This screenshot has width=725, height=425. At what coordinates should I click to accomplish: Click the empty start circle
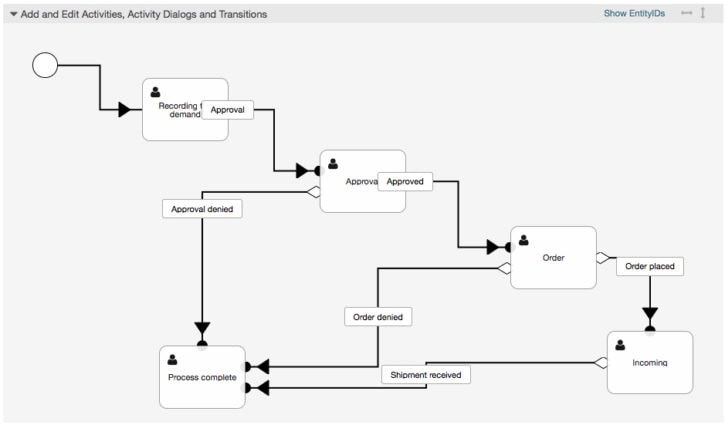(45, 65)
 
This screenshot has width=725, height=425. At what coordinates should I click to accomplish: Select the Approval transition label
(227, 110)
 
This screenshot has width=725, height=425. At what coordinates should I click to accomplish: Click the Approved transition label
(405, 182)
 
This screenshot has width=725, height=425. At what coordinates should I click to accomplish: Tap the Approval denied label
(202, 209)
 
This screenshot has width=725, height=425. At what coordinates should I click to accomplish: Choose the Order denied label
(377, 316)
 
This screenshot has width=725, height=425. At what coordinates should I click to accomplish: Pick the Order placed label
(649, 266)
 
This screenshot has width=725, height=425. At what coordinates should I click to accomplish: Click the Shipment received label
(425, 375)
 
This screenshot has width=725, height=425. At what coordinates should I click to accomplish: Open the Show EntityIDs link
(634, 14)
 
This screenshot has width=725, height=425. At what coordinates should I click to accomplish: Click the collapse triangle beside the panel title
(13, 15)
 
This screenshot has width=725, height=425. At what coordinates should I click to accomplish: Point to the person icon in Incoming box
(620, 345)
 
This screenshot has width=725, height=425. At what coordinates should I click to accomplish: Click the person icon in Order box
(524, 240)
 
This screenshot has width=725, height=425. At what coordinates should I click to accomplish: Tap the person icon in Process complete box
(172, 360)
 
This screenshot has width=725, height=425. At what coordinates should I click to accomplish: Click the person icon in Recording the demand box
(155, 92)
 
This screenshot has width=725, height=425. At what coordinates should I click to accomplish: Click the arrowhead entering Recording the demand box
(125, 109)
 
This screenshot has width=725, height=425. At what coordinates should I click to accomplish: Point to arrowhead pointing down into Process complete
(202, 329)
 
